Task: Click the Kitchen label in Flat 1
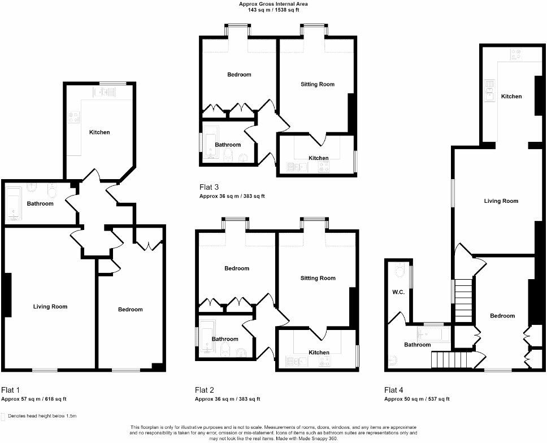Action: tap(99, 132)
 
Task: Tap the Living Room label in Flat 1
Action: tap(50, 307)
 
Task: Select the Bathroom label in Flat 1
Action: tap(40, 203)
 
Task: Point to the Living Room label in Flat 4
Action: tap(501, 201)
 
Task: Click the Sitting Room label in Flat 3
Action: tap(317, 84)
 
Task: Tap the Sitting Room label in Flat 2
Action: tap(318, 278)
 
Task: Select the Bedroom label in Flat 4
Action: tap(502, 316)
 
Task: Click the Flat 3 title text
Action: tap(209, 186)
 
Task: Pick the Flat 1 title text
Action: tap(11, 390)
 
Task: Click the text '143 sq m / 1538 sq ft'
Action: tap(273, 10)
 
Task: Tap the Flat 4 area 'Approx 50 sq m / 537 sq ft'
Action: tap(416, 399)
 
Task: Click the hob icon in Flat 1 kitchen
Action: tap(73, 118)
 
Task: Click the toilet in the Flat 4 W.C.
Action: tap(401, 271)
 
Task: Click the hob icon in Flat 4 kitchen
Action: tap(516, 55)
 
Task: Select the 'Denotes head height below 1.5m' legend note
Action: tap(39, 416)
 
